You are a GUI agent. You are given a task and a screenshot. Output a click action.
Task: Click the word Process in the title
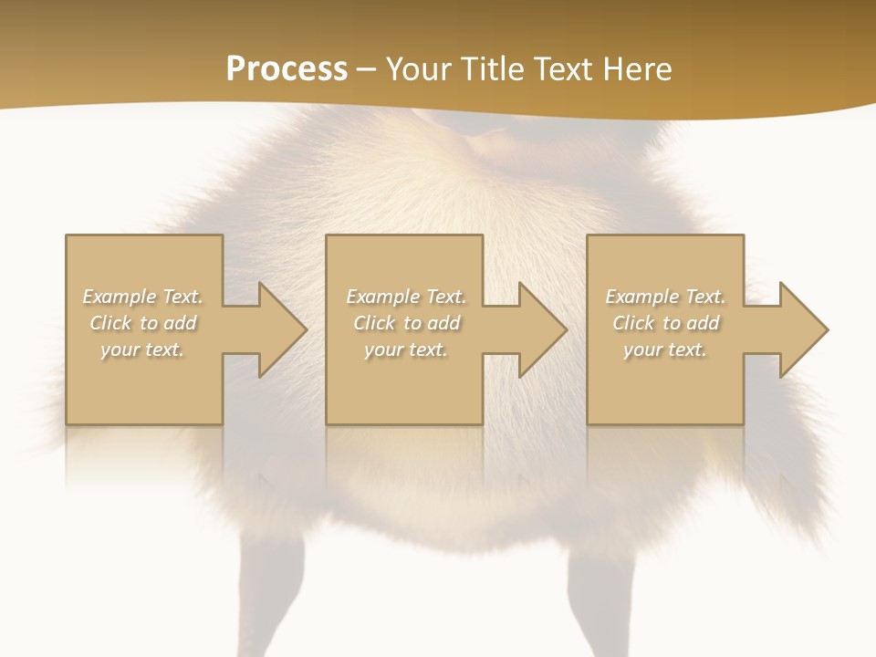point(287,69)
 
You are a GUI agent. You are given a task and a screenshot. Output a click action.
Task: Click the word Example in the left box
point(120,297)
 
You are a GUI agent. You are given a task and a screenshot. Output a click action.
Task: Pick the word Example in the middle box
point(382,297)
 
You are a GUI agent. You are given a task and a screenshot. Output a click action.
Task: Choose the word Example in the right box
point(641,297)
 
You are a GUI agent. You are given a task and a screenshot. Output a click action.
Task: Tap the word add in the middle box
point(443,323)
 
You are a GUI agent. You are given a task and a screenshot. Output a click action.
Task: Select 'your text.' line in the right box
point(665,349)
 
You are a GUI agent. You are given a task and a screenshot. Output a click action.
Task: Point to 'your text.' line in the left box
point(142,349)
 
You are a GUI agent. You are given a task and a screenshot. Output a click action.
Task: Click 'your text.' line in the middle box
point(406,349)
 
